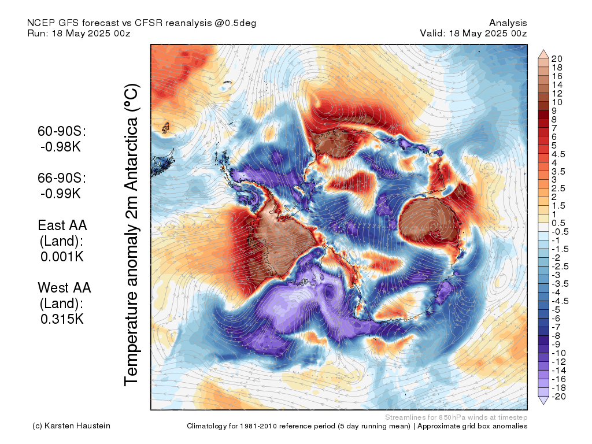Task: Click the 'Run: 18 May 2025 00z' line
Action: (x=79, y=34)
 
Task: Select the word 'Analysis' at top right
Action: (x=508, y=23)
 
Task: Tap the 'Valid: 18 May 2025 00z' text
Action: (x=473, y=34)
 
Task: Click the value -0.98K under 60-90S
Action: (x=61, y=147)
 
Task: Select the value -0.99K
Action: (x=61, y=193)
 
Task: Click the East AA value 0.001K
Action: (x=62, y=256)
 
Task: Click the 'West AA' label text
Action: (x=64, y=287)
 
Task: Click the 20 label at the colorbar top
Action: (x=557, y=59)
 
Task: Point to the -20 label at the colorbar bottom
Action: (x=558, y=396)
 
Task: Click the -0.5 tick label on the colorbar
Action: (x=560, y=231)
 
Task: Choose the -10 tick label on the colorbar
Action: (x=558, y=353)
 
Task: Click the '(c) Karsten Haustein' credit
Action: (x=71, y=426)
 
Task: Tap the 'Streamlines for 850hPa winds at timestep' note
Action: (x=456, y=417)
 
